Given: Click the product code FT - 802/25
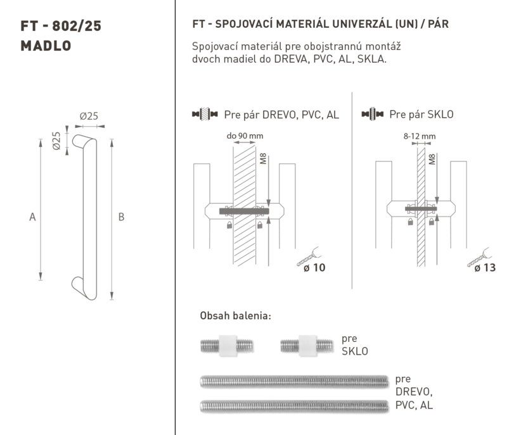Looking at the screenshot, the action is coord(61,26).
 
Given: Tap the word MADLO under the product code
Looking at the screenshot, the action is coord(46,46).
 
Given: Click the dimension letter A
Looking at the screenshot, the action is coord(32,217).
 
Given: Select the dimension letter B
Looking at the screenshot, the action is coord(121,217).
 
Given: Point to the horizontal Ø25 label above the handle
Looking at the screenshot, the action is coord(89,116).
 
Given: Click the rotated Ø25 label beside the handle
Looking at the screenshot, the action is coord(56,141).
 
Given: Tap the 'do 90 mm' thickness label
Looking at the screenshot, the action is coord(245,136).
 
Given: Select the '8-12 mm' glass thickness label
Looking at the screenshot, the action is coord(420,136).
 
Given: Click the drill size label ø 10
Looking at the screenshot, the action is coord(314,268).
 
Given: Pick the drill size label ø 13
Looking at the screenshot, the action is coord(485,268).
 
